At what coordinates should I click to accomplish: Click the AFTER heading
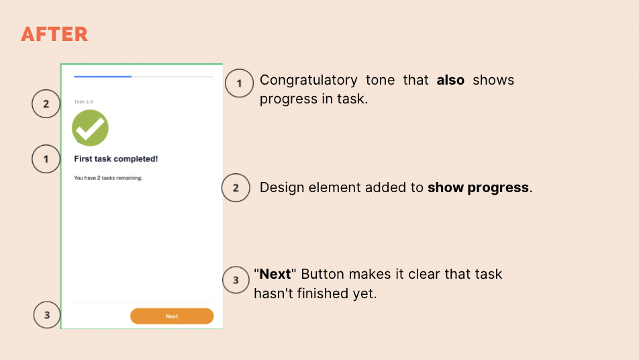coord(54,34)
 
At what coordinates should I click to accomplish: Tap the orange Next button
coord(172,316)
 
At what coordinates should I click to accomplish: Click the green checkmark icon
coord(90,128)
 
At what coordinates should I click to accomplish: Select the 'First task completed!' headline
coord(115,159)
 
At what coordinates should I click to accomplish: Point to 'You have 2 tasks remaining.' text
coord(108,178)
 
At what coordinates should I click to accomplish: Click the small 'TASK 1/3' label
coord(83,102)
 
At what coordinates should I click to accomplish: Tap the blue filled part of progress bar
coord(103,77)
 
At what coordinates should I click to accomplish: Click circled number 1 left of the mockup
coord(46,159)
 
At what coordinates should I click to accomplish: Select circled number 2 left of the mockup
coord(46,104)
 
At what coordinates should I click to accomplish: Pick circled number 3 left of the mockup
coord(47,314)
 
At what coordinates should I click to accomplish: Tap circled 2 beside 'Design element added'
coord(236,188)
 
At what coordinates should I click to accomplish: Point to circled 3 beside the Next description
coord(236,280)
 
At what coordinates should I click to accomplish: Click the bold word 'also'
coord(450,80)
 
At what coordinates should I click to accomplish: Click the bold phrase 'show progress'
coord(478,187)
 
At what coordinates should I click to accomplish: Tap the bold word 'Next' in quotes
coord(275,274)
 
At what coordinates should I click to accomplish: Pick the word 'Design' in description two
coord(282,187)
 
